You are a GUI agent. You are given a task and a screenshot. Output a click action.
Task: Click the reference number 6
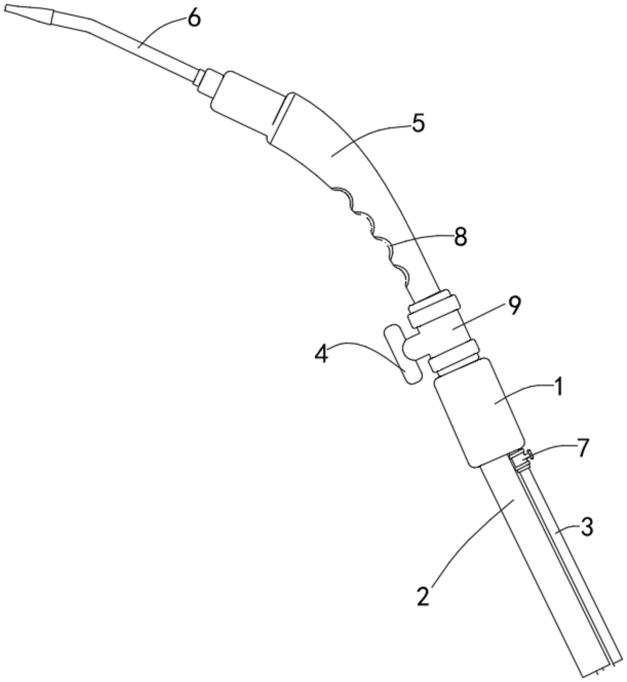pyautogui.click(x=194, y=18)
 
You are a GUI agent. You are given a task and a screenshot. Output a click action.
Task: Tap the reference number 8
pyautogui.click(x=460, y=237)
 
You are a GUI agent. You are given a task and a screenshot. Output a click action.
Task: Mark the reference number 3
pyautogui.click(x=586, y=528)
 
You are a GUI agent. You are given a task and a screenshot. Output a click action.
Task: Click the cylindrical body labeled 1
pyautogui.click(x=479, y=412)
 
